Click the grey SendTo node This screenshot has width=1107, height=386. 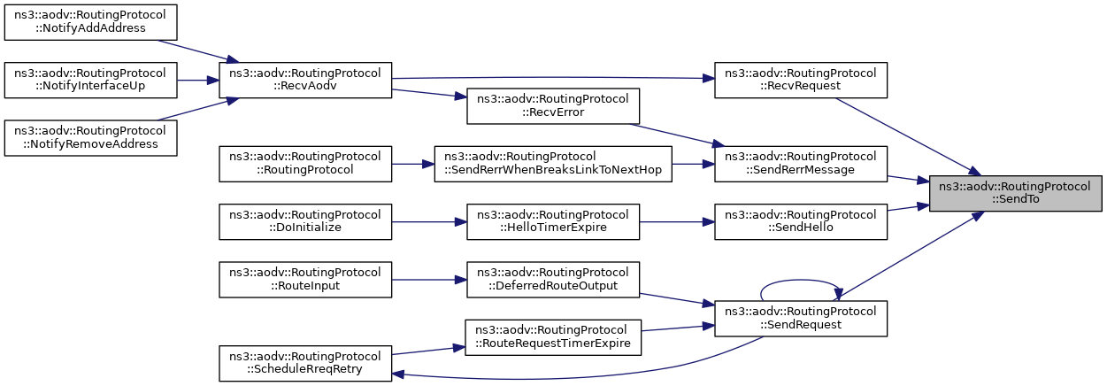(1016, 193)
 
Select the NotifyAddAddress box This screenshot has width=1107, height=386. (91, 22)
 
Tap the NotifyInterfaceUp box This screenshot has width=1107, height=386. (91, 80)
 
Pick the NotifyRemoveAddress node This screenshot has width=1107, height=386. (91, 138)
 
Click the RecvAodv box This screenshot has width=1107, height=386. (305, 80)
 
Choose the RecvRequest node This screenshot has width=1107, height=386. (801, 80)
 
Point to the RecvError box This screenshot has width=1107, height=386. (553, 106)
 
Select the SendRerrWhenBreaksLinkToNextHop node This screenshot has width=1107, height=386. (553, 164)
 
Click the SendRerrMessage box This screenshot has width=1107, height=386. (801, 164)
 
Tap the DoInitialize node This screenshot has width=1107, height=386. (305, 222)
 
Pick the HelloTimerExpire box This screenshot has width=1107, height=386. (553, 222)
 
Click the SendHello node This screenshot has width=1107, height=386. (801, 222)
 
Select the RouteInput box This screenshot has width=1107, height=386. (305, 280)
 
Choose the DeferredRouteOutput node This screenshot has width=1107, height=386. (553, 280)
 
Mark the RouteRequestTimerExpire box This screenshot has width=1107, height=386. (553, 337)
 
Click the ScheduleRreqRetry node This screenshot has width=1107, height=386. (305, 363)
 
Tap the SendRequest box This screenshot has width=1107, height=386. (801, 319)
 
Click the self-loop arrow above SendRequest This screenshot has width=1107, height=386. (801, 281)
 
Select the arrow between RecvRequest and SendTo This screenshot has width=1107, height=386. (908, 136)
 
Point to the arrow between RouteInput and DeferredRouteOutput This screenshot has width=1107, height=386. (429, 280)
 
